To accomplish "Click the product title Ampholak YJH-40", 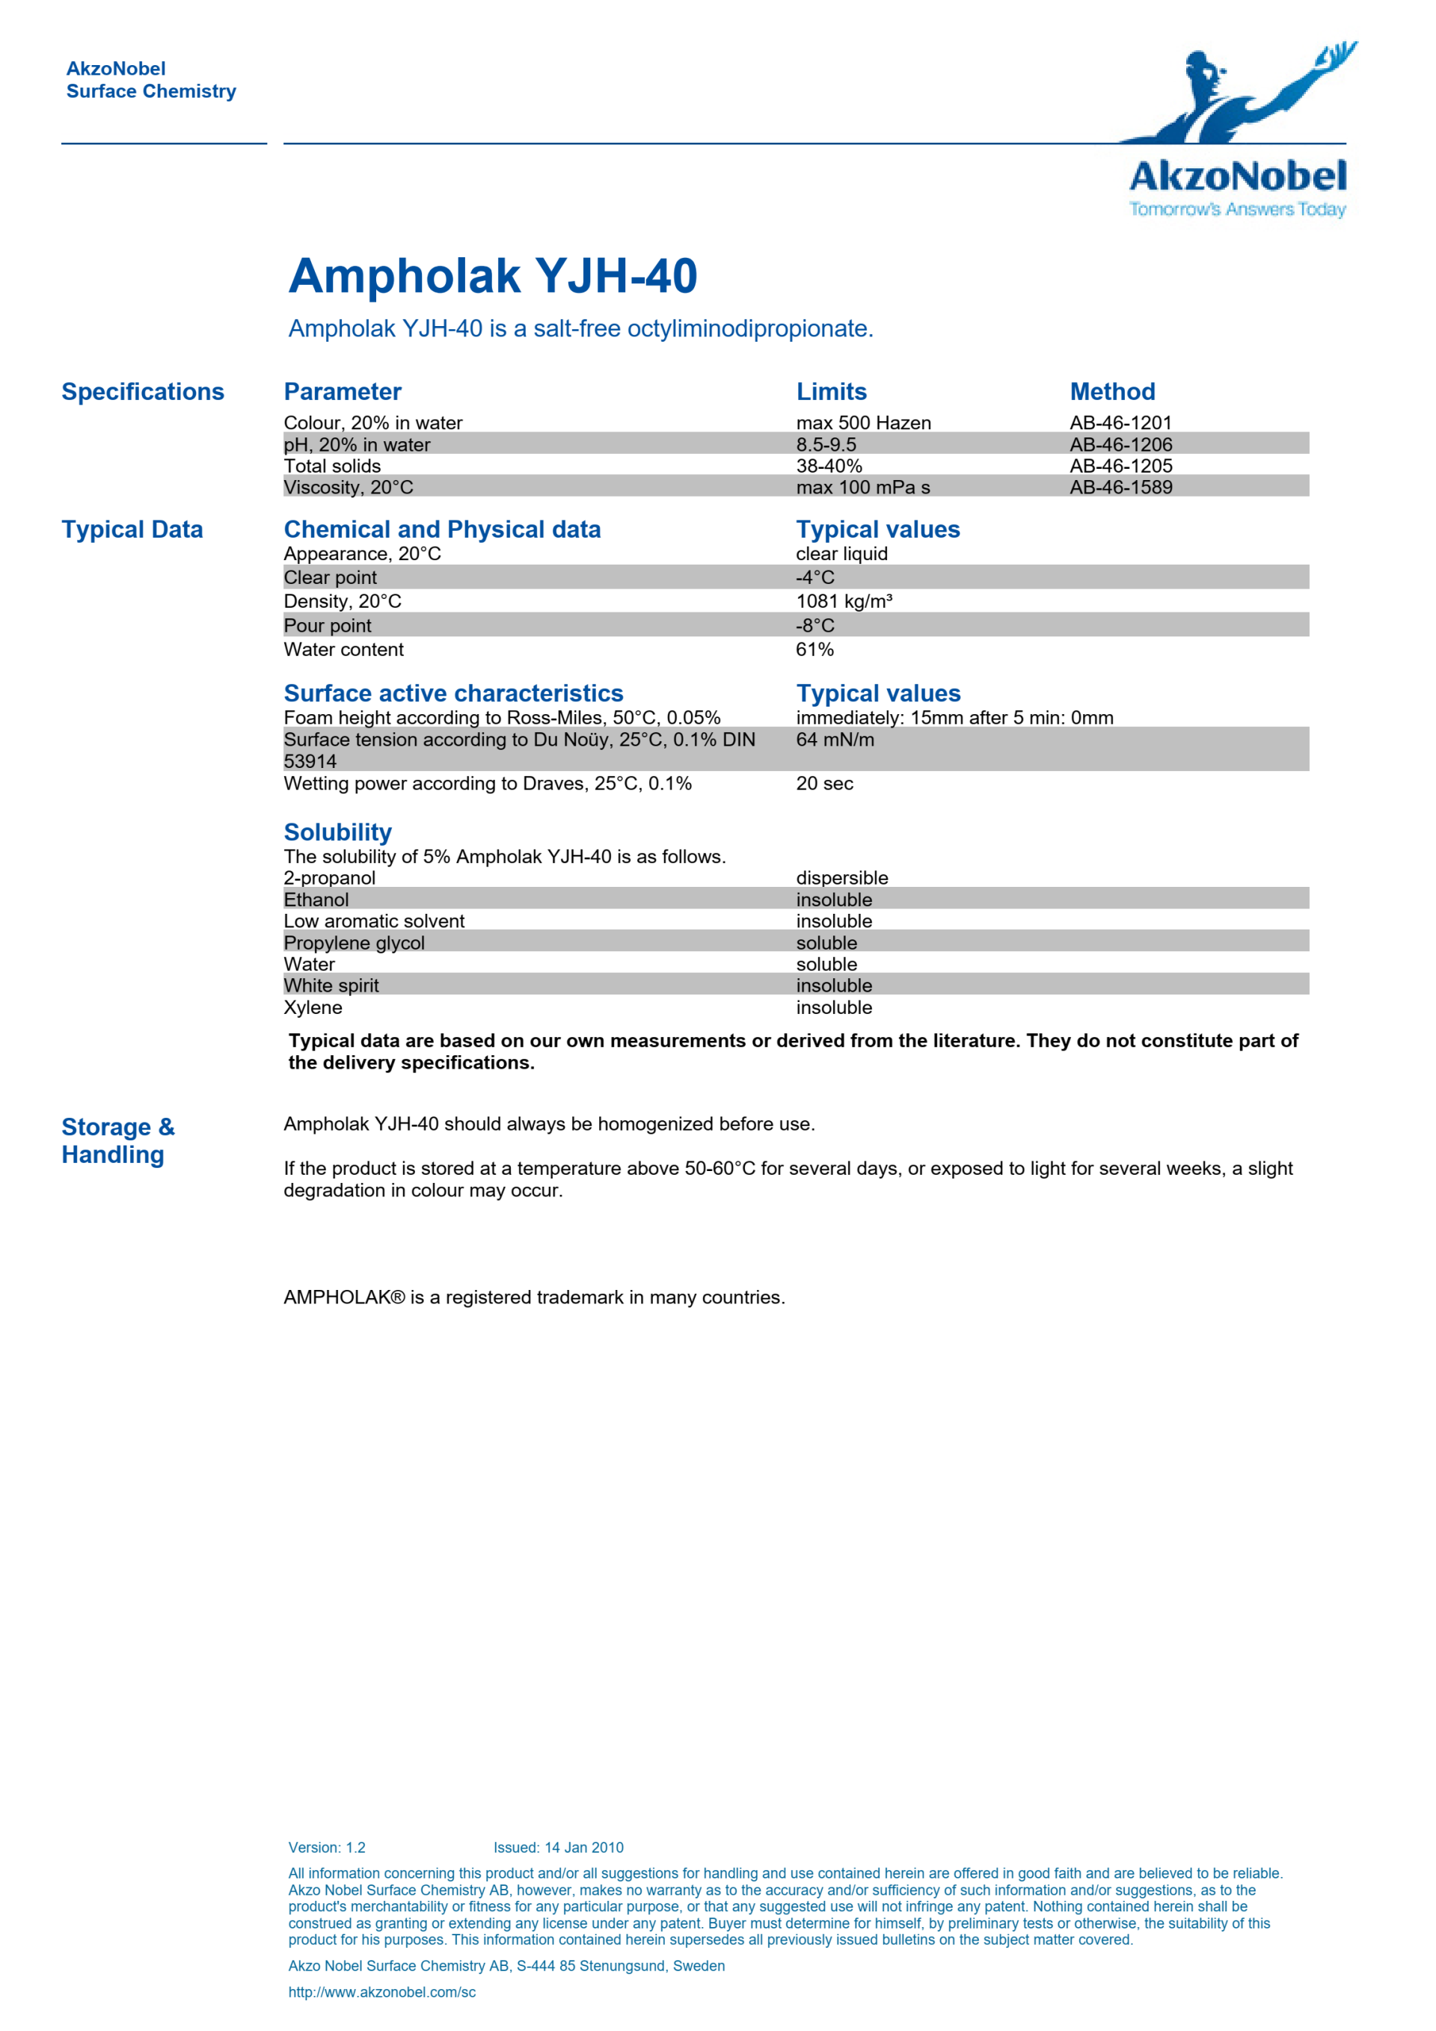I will coord(493,276).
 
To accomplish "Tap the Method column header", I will coord(1112,392).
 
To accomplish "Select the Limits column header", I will coord(831,392).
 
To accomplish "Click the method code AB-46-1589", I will coord(1120,488).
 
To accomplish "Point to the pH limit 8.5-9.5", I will coord(826,445).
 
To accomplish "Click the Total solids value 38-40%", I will coord(828,466).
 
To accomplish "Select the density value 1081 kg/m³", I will coord(843,601).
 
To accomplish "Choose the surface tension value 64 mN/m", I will coord(835,740).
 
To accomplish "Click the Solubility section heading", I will coord(337,832).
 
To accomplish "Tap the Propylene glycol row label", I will coord(354,943).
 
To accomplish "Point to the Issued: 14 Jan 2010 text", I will coord(557,1848).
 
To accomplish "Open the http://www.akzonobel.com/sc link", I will coord(381,1992).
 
